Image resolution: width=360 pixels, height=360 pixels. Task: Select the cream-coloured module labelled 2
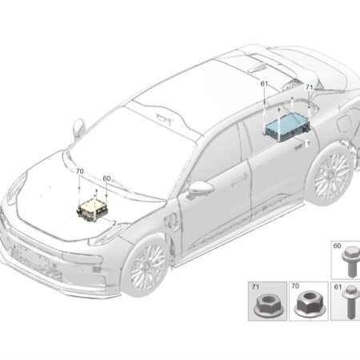pyautogui.click(x=93, y=210)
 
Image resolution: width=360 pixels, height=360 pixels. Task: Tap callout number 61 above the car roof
pyautogui.click(x=264, y=84)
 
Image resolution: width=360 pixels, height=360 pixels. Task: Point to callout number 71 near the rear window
pyautogui.click(x=309, y=87)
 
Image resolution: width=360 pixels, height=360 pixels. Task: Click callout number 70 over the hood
pyautogui.click(x=79, y=171)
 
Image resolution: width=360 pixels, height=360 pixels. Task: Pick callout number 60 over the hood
pyautogui.click(x=106, y=178)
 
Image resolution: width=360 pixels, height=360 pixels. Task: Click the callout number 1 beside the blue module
pyautogui.click(x=308, y=144)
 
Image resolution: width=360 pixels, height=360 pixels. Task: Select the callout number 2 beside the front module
pyautogui.click(x=114, y=223)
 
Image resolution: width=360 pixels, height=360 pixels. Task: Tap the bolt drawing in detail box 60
pyautogui.click(x=349, y=262)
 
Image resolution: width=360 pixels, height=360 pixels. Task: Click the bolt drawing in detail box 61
pyautogui.click(x=350, y=302)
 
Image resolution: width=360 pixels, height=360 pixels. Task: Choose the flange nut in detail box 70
pyautogui.click(x=310, y=304)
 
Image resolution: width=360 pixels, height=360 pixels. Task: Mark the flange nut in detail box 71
pyautogui.click(x=267, y=306)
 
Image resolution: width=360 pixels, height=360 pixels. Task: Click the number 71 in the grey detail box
pyautogui.click(x=255, y=287)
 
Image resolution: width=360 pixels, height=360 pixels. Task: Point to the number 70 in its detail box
pyautogui.click(x=295, y=286)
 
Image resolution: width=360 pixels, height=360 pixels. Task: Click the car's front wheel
pyautogui.click(x=147, y=266)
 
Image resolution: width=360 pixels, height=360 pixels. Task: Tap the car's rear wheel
pyautogui.click(x=333, y=175)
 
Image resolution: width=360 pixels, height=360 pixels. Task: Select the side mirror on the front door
pyautogui.click(x=201, y=187)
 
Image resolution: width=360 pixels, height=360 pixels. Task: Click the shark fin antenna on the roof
pyautogui.click(x=257, y=67)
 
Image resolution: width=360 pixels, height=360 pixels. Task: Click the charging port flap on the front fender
pyautogui.click(x=172, y=222)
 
